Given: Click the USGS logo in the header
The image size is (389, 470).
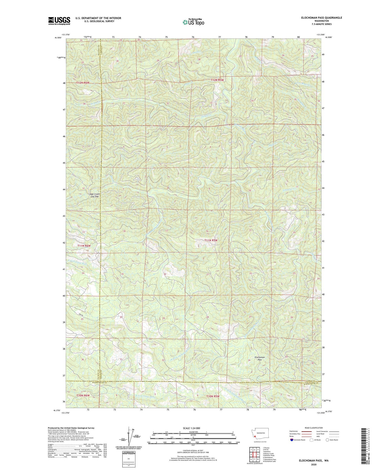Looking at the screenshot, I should click(x=59, y=21).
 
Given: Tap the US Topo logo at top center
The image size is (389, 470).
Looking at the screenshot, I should click(x=193, y=22).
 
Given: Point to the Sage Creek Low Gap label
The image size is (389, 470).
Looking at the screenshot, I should click(x=95, y=195).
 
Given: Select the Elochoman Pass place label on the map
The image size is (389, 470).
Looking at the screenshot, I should click(x=260, y=359).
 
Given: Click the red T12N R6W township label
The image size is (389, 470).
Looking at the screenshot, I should click(x=83, y=83).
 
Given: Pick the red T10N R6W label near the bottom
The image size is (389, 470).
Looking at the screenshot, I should click(x=83, y=395).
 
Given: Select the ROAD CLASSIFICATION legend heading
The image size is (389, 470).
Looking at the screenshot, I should click(x=314, y=428).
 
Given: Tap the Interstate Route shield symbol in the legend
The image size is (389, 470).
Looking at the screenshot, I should click(x=292, y=440).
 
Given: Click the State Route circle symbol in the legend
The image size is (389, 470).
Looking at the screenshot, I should click(x=328, y=440).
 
